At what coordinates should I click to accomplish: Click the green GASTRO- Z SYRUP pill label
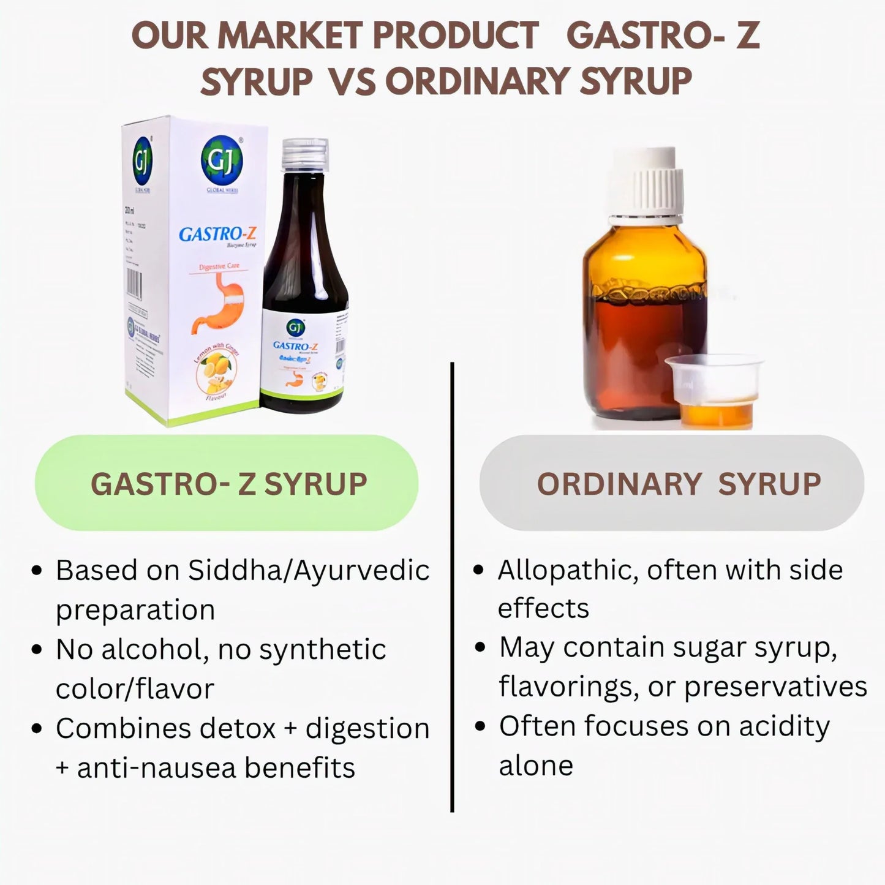[227, 483]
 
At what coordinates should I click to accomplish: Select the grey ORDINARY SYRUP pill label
[672, 483]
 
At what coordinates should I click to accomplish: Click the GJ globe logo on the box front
[221, 160]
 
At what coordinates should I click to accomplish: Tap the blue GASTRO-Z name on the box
[217, 234]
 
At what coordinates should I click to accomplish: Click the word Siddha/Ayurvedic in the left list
[308, 571]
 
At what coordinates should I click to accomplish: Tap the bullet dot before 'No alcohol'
[37, 649]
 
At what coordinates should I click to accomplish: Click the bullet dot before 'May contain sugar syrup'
[481, 647]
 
